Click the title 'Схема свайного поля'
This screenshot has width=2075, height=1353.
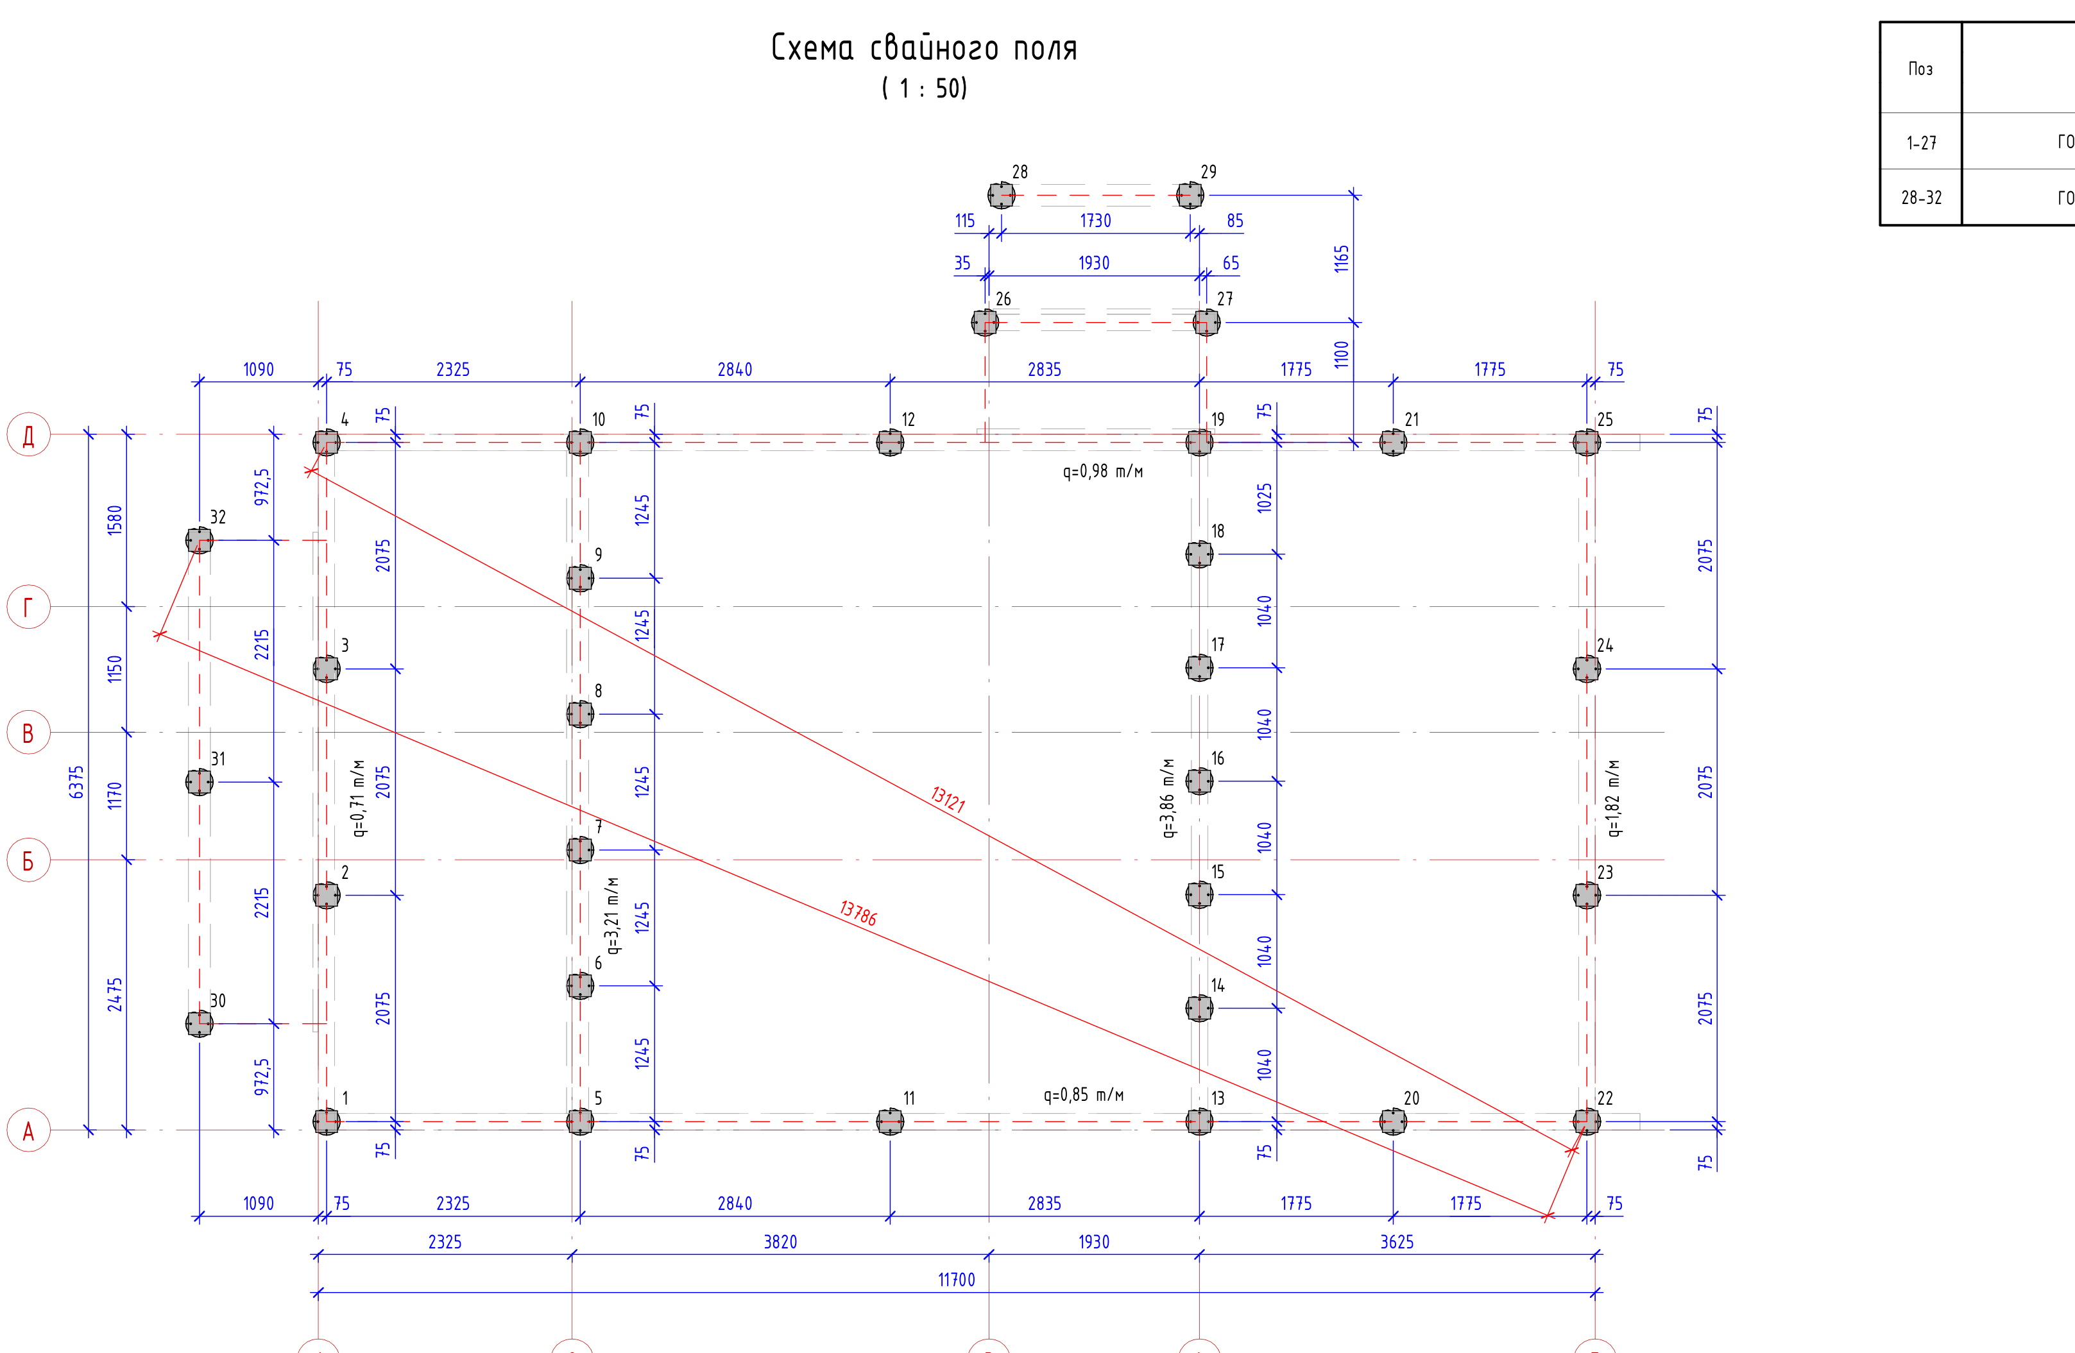924,48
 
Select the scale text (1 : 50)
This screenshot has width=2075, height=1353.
924,88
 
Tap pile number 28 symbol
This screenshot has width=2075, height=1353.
1001,195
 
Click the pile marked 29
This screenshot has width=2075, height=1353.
1190,195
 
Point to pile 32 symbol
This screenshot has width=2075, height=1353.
200,541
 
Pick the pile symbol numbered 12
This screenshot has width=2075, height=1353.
890,442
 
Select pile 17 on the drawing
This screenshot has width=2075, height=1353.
1200,668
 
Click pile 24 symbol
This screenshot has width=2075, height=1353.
1587,668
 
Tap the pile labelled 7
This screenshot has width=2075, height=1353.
580,850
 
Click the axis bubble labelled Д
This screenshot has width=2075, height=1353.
29,435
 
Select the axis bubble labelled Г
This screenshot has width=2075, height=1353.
29,607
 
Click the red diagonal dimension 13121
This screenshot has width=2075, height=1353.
948,799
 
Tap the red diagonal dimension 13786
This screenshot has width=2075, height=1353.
858,913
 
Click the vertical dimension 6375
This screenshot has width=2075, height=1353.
77,782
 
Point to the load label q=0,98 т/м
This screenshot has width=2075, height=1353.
1103,472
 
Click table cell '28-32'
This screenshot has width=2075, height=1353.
1922,198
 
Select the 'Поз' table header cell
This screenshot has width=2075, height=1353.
1920,69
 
